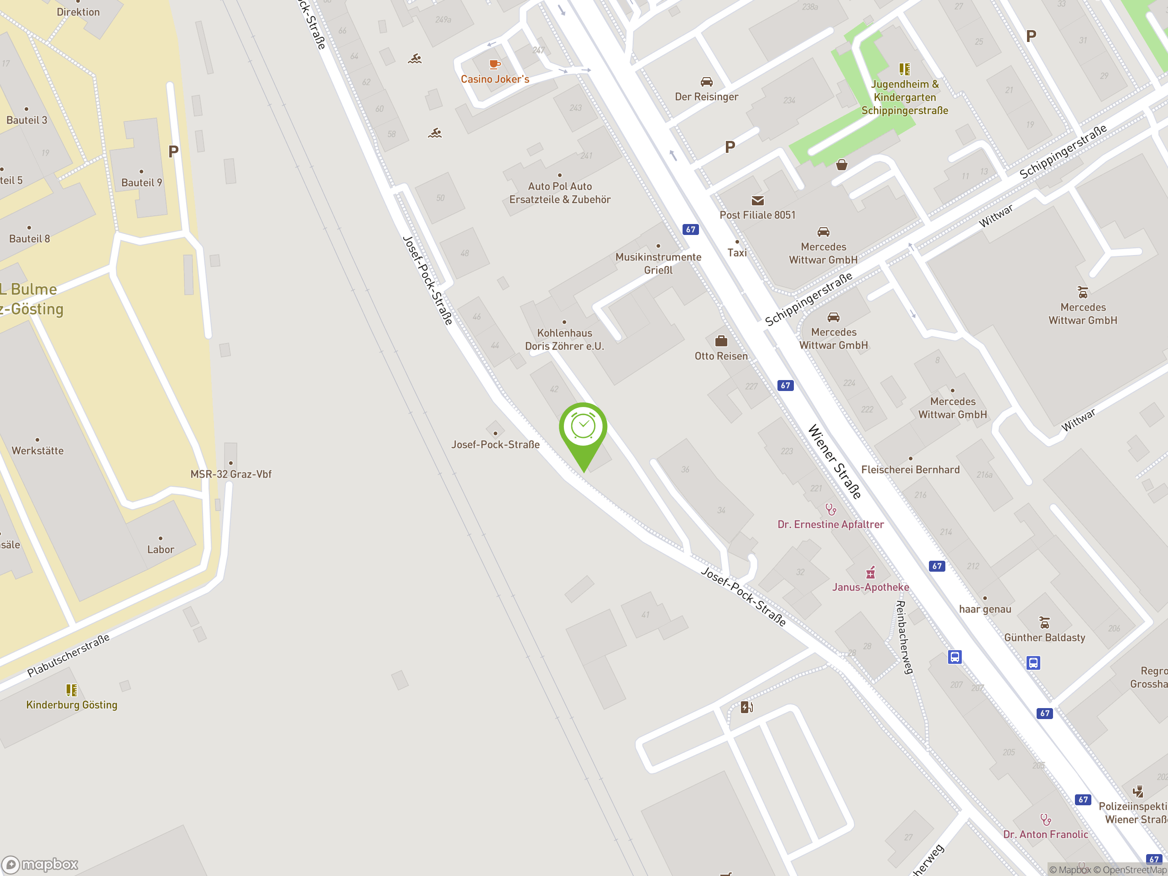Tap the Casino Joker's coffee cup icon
494,64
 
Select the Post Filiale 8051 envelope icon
757,201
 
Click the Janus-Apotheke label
870,587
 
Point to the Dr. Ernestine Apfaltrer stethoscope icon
830,510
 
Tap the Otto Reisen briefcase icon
721,341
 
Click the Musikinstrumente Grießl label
658,263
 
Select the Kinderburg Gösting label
72,704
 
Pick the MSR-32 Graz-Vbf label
231,474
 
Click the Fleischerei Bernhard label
910,469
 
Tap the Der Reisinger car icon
706,82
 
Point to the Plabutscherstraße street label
68,655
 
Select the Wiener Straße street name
834,461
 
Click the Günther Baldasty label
1044,637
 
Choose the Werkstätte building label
37,450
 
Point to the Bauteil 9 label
141,182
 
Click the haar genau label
985,609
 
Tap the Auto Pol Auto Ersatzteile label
560,193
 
